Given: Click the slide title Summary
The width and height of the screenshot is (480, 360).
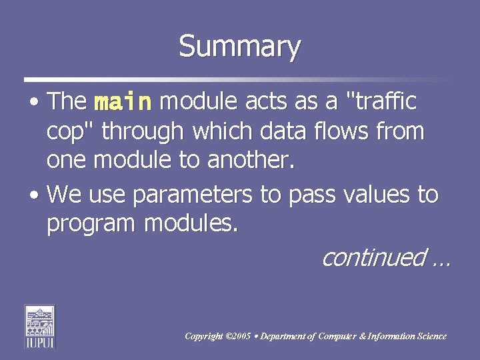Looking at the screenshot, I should pyautogui.click(x=239, y=47).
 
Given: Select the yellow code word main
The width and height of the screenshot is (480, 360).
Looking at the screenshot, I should pyautogui.click(x=123, y=102).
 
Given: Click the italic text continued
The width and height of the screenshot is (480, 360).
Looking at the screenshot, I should pyautogui.click(x=373, y=257).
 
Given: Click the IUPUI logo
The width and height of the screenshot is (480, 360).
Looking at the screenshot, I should pyautogui.click(x=39, y=326).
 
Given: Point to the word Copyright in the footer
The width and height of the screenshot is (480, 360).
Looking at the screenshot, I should pyautogui.click(x=204, y=337).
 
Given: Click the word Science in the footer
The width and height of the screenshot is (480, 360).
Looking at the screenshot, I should pyautogui.click(x=430, y=337).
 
